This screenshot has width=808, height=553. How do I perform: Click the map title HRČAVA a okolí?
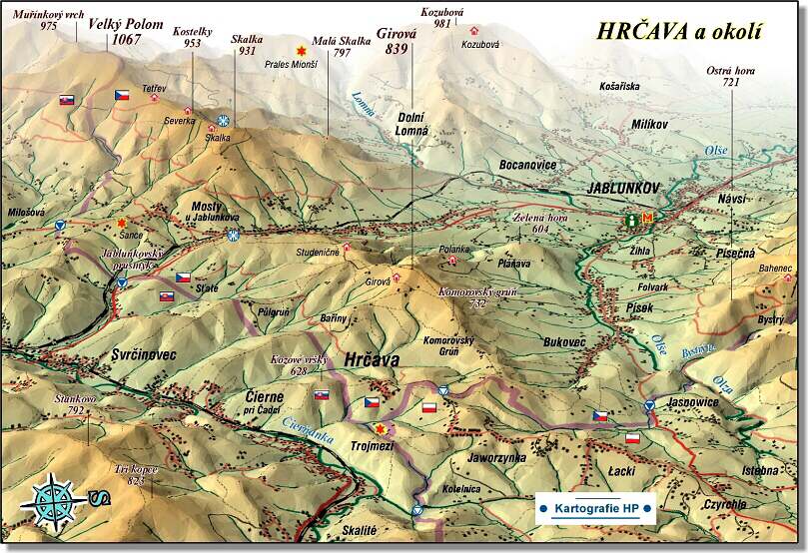[x=677, y=31]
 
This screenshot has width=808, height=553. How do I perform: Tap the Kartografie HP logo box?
[x=596, y=508]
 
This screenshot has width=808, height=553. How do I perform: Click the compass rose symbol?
[x=54, y=498]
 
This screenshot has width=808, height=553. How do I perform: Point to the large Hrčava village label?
[x=371, y=358]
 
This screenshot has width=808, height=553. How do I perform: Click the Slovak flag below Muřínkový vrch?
[x=67, y=100]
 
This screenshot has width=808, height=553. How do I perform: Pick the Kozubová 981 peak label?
[x=442, y=17]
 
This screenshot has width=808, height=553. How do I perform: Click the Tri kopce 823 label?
[x=136, y=475]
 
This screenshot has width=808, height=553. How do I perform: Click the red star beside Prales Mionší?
[x=299, y=49]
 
